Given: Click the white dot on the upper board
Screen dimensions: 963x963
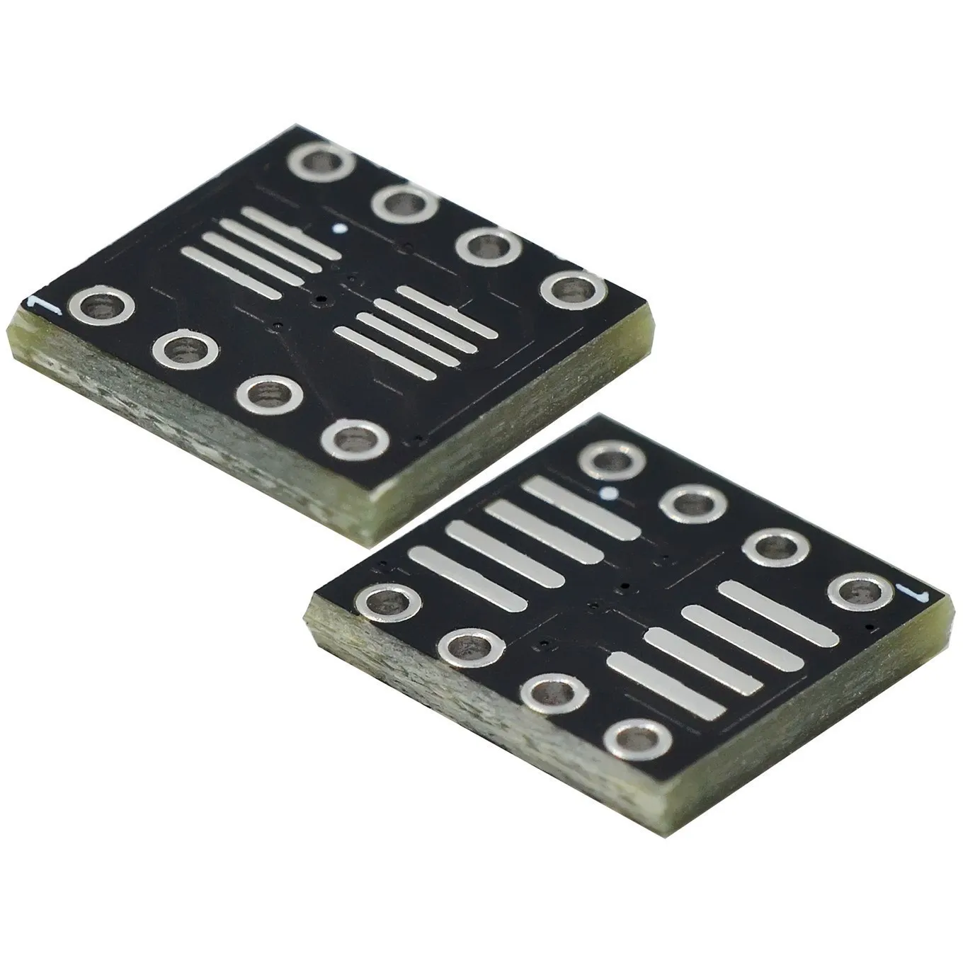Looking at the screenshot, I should click(x=341, y=229).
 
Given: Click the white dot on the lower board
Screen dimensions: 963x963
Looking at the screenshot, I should click(x=607, y=493).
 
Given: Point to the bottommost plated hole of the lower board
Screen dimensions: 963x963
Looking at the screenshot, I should click(x=639, y=739).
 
